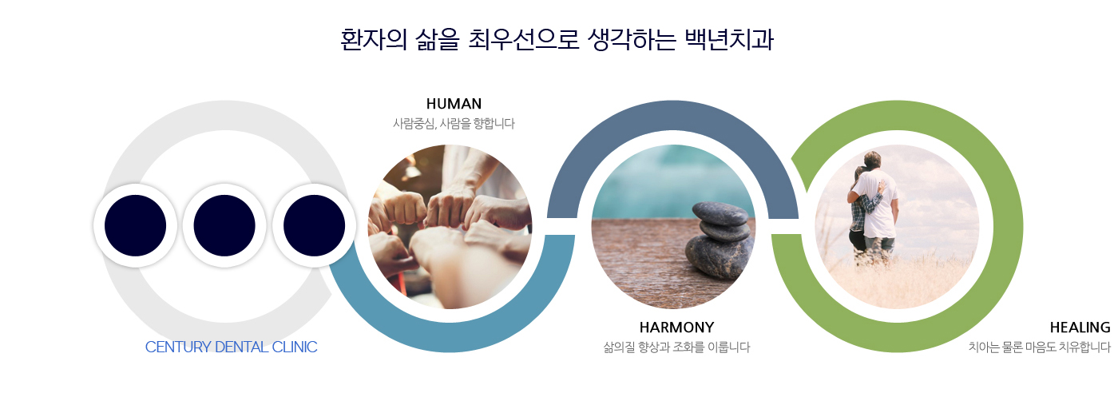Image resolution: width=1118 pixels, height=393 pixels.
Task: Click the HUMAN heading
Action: pyautogui.click(x=454, y=104)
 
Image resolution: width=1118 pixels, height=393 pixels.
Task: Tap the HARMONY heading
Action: pyautogui.click(x=676, y=327)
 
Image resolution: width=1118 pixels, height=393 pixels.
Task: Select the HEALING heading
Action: pyautogui.click(x=1080, y=327)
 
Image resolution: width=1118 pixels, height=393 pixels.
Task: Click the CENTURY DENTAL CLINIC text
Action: pyautogui.click(x=231, y=347)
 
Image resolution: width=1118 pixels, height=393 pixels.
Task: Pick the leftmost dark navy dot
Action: pyautogui.click(x=135, y=225)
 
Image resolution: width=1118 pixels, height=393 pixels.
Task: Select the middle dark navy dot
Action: pyautogui.click(x=224, y=225)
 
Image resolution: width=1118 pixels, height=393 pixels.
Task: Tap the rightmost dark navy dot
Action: pyautogui.click(x=314, y=225)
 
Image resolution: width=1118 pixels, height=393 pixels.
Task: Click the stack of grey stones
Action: pyautogui.click(x=719, y=240)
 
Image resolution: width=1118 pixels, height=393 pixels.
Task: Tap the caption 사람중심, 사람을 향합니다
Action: pyautogui.click(x=454, y=124)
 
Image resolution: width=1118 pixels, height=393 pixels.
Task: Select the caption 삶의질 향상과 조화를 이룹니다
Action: pyautogui.click(x=676, y=347)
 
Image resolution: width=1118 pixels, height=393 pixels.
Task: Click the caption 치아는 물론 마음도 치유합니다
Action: pyautogui.click(x=1039, y=347)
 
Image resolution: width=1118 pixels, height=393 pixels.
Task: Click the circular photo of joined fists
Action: pyautogui.click(x=450, y=226)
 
